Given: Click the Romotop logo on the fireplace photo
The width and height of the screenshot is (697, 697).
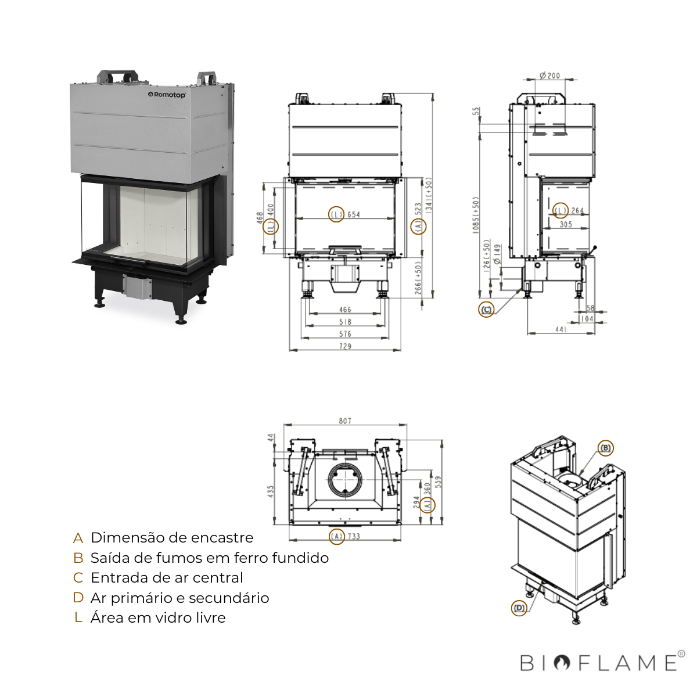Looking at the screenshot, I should tap(167, 95).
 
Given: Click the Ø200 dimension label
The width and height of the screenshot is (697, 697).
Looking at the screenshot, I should tap(549, 76).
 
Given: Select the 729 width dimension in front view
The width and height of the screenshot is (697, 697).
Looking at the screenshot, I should tap(345, 346).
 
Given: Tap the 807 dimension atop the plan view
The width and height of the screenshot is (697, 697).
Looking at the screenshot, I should tap(345, 421).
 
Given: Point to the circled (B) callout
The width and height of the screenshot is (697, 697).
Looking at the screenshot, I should tap(605, 448).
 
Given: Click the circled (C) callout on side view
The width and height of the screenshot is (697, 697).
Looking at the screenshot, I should tap(486, 310).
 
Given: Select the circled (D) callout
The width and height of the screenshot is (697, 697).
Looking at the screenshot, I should tap(519, 608).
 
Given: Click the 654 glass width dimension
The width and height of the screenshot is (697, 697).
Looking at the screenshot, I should tap(354, 214).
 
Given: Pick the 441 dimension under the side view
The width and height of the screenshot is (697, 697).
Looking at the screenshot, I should tap(561, 329).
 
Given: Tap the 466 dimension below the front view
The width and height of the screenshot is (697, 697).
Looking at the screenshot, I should tap(345, 310).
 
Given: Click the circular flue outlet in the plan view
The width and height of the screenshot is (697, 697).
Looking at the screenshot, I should tap(345, 480).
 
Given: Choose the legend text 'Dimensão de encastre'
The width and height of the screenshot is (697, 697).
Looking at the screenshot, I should tap(172, 538).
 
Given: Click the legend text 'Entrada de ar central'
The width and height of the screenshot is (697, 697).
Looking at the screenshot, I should tap(167, 578).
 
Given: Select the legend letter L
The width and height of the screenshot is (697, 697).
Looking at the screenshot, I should tap(78, 618).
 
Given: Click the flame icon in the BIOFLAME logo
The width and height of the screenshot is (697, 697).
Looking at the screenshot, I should tap(562, 663).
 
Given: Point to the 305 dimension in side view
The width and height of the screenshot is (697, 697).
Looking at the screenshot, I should tap(566, 224).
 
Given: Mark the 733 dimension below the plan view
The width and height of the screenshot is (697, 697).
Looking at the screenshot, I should tap(354, 536).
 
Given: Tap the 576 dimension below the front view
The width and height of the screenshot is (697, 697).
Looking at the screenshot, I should tap(345, 334).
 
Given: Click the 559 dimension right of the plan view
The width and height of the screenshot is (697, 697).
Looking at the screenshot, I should tap(439, 482).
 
